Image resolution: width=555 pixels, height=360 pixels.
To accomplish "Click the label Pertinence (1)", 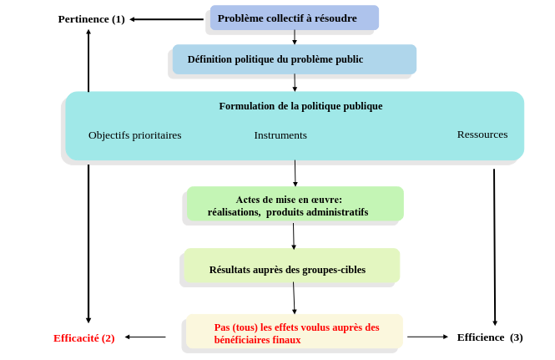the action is [91, 19].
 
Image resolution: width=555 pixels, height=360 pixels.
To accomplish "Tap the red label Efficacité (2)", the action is [84, 338].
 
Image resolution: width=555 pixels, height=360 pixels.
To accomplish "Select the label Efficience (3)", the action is [490, 337].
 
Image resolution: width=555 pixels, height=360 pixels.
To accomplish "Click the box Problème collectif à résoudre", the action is [295, 18].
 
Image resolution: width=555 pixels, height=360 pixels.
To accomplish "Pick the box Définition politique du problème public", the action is [295, 59].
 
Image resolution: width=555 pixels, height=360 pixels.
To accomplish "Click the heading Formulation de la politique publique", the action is [300, 106].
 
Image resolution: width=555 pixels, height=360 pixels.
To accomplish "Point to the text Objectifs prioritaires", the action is [135, 135].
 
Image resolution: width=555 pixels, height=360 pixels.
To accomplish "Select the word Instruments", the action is [280, 135].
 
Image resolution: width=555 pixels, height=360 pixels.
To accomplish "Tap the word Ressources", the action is [482, 134].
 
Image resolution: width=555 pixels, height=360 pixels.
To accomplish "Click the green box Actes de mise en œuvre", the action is [295, 204].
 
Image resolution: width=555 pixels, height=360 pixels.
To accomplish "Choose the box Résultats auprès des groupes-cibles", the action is [292, 266].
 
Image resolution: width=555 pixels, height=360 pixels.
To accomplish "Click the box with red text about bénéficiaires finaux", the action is [295, 332].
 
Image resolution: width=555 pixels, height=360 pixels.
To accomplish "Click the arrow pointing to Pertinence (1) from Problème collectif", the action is [167, 19].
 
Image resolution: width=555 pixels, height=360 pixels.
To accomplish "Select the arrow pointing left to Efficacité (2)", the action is [145, 337].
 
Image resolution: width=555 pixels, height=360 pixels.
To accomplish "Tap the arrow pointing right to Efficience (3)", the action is [427, 337].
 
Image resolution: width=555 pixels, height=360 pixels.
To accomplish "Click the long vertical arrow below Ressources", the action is [494, 247].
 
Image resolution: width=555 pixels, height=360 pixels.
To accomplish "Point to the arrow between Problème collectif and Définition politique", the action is [295, 38].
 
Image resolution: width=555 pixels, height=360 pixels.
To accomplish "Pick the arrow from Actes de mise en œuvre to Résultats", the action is [294, 236].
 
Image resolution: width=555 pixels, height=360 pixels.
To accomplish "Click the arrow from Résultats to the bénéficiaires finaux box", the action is [294, 298].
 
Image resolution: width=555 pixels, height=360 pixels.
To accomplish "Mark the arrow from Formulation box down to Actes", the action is [295, 173].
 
